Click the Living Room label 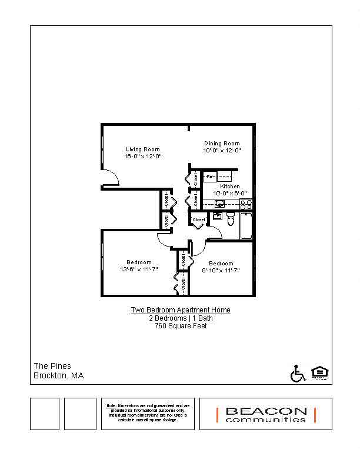(142, 149)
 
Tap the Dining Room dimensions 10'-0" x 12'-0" (222, 151)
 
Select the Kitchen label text (229, 186)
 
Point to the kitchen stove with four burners (246, 204)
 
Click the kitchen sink (219, 204)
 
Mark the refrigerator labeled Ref (210, 176)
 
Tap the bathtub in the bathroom (246, 226)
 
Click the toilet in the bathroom (231, 220)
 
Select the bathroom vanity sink (217, 216)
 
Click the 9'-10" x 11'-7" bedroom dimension (221, 270)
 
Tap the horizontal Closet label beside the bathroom (199, 220)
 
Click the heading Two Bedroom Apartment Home (180, 310)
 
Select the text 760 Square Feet (180, 326)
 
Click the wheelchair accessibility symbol (298, 374)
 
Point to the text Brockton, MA (58, 375)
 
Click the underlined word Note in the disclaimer (111, 405)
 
